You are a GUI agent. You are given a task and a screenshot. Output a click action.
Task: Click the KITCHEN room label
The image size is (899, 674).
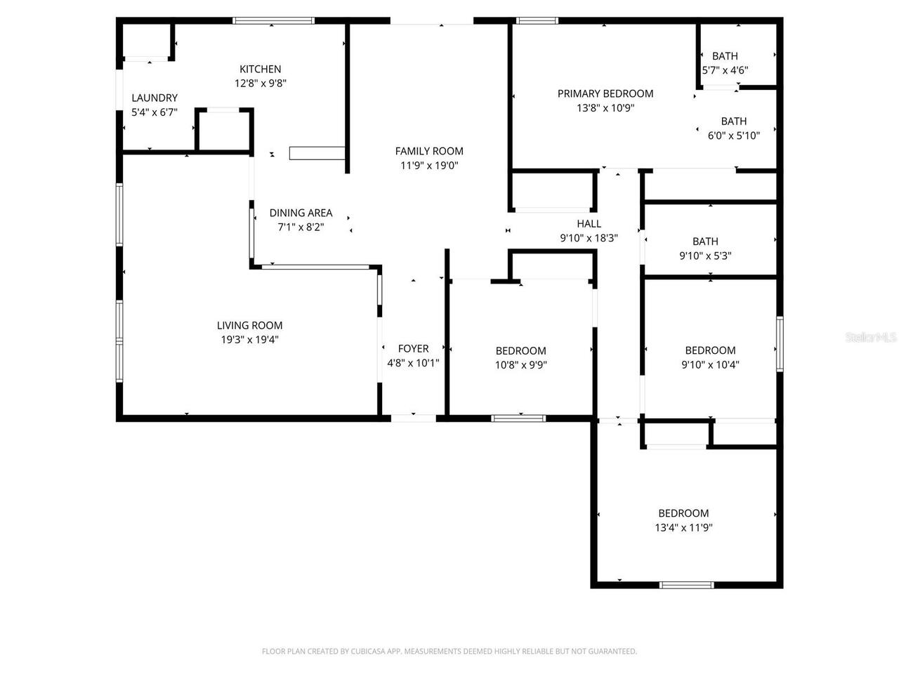[x=260, y=69]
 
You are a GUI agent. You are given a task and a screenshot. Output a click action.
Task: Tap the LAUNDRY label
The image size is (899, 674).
[x=155, y=98]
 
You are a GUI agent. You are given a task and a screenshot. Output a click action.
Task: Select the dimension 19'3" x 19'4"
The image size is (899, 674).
[x=249, y=340]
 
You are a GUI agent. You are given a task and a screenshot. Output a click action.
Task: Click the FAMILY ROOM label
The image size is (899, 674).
[x=429, y=151]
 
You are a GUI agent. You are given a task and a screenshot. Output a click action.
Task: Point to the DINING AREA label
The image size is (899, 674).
[x=301, y=213]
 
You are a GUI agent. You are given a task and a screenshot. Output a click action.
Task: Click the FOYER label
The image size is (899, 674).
[x=413, y=348]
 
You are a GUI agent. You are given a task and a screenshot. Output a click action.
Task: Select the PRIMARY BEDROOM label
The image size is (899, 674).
[x=605, y=93]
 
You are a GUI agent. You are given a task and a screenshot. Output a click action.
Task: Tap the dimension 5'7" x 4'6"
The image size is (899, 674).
[x=725, y=70]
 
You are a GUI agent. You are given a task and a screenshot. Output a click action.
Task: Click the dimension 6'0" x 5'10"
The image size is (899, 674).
[x=733, y=136]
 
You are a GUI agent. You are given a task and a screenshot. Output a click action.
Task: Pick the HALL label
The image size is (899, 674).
[x=589, y=223]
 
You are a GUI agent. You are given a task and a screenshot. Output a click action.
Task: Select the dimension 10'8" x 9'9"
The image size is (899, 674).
[x=520, y=365]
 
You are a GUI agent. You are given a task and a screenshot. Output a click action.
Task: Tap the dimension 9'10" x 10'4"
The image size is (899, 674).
[x=710, y=365]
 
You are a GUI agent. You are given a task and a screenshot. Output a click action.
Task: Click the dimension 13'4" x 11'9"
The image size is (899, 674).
[x=683, y=528]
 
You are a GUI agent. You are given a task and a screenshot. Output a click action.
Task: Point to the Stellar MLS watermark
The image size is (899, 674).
[x=871, y=338]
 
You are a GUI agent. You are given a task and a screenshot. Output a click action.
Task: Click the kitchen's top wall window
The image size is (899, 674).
[x=274, y=20]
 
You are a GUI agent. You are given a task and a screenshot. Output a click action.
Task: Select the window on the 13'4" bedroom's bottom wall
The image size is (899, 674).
[x=686, y=584]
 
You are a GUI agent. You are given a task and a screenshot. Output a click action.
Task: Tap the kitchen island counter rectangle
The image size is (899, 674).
[x=317, y=154]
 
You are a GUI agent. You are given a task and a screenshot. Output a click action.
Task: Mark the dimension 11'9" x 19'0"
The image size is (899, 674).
[x=429, y=166]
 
